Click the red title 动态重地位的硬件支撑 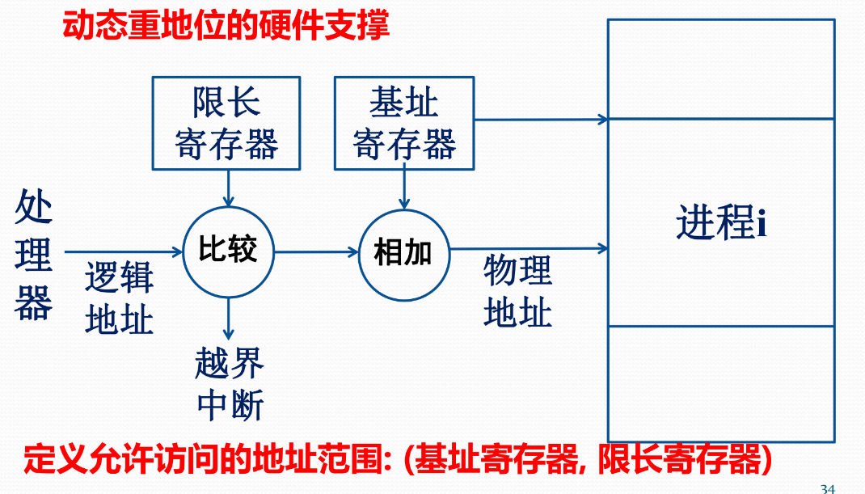226,25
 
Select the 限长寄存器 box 226,123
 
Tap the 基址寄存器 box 404,123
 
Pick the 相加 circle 403,253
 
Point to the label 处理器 33,256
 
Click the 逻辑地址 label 119,299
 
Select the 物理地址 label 517,291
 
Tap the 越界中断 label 230,383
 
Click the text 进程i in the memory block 720,222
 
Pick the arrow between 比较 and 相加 316,251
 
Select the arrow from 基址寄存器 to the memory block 542,120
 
